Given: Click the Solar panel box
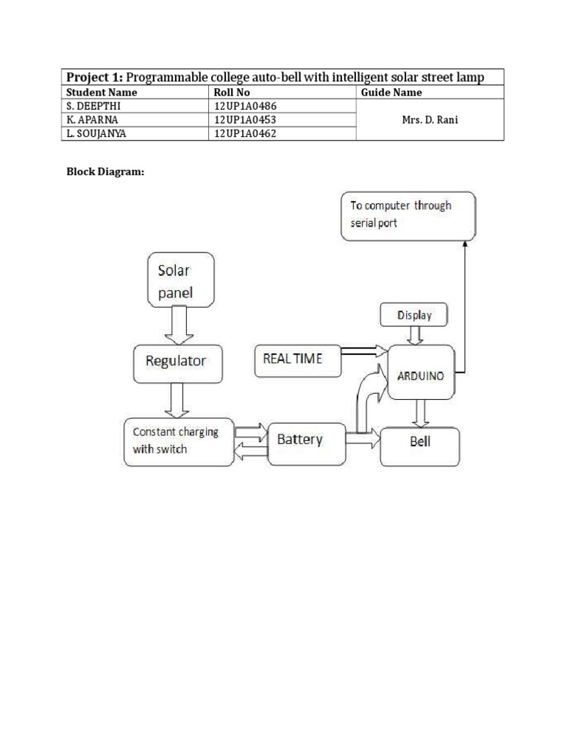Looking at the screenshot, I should pyautogui.click(x=181, y=281).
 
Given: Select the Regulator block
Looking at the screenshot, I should pyautogui.click(x=176, y=361).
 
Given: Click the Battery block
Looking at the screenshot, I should pyautogui.click(x=306, y=443).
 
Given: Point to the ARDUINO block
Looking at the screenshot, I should pyautogui.click(x=421, y=373).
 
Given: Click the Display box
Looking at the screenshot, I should pyautogui.click(x=414, y=315).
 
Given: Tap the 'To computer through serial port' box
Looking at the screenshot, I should pyautogui.click(x=408, y=215).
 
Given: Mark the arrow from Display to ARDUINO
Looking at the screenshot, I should pyautogui.click(x=414, y=335).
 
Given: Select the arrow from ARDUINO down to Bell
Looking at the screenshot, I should pyautogui.click(x=421, y=413).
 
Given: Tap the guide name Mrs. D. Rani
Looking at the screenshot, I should pyautogui.click(x=430, y=119).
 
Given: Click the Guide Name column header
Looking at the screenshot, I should pyautogui.click(x=391, y=93).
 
